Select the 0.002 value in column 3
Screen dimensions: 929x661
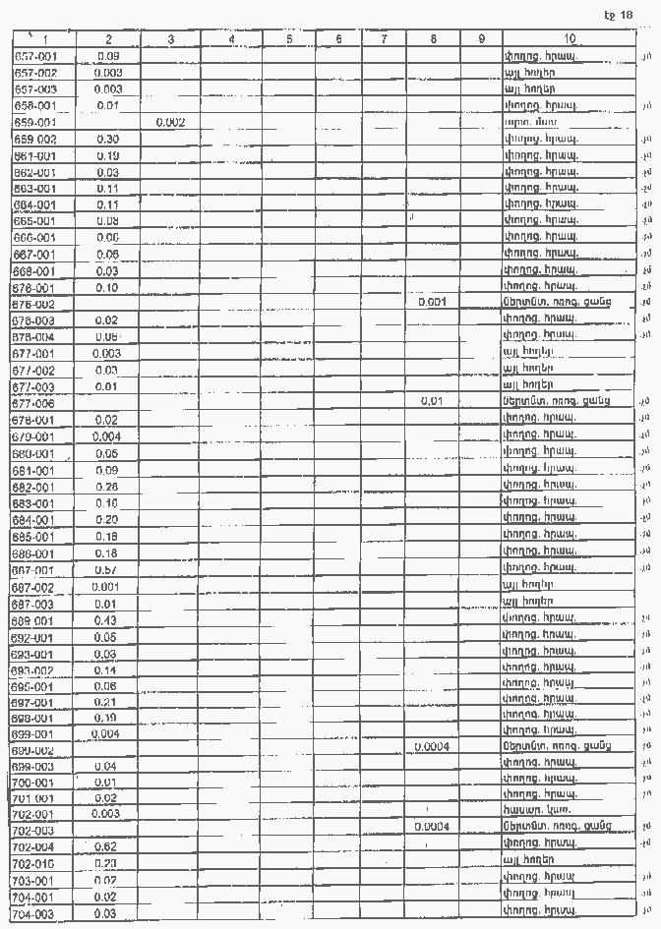click(x=170, y=122)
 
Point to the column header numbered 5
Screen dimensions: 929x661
click(x=289, y=39)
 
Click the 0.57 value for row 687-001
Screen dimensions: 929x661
click(x=107, y=569)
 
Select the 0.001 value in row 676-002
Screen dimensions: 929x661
click(x=433, y=303)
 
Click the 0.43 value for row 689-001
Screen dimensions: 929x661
click(x=107, y=620)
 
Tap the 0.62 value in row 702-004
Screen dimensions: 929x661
click(x=107, y=845)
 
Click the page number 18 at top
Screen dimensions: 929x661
click(x=626, y=15)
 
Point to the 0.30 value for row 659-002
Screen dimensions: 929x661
click(x=107, y=139)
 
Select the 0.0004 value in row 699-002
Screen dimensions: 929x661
click(x=433, y=748)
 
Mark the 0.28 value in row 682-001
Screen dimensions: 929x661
click(x=107, y=487)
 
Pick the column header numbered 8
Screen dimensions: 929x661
click(x=433, y=39)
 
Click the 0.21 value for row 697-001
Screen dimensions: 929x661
click(x=107, y=702)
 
